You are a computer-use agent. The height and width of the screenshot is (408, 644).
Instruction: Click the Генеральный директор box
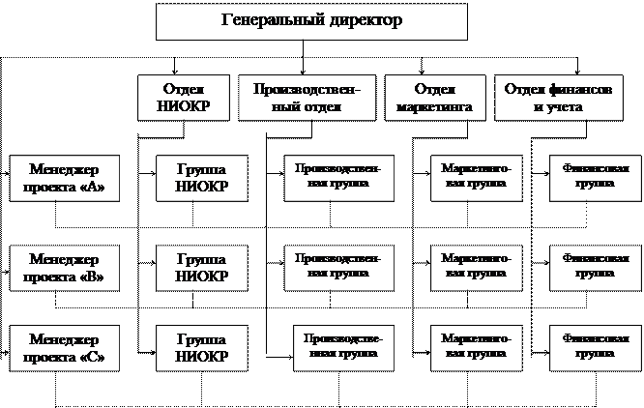[311, 21]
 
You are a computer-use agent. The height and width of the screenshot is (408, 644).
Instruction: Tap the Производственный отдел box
[307, 97]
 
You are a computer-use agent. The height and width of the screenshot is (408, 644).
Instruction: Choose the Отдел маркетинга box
[434, 97]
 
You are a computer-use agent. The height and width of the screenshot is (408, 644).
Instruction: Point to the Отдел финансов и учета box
[557, 97]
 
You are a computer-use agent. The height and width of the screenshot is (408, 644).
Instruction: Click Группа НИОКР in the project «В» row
[201, 268]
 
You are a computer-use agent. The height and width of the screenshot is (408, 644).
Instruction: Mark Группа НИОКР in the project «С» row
[201, 348]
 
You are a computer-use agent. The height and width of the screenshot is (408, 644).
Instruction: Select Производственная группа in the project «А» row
[338, 176]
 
